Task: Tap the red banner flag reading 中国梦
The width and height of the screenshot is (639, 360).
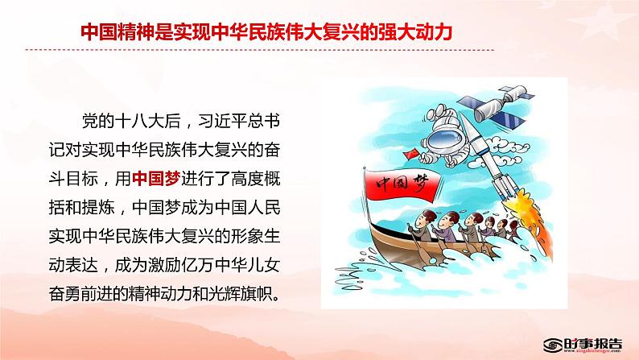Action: pyautogui.click(x=402, y=187)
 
